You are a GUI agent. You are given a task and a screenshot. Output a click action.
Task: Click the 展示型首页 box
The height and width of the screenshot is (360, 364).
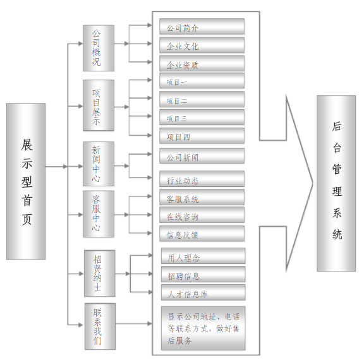click(x=26, y=181)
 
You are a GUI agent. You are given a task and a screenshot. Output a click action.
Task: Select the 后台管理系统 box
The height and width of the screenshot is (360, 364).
click(x=336, y=183)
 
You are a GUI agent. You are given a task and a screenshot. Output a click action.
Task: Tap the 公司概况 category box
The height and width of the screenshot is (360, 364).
click(x=99, y=48)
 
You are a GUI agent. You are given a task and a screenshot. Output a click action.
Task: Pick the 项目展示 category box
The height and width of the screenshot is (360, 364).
click(x=99, y=105)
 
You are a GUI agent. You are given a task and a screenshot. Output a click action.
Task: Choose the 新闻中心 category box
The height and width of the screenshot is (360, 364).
click(x=99, y=164)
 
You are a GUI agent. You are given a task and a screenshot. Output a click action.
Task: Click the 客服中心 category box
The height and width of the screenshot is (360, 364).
click(x=99, y=214)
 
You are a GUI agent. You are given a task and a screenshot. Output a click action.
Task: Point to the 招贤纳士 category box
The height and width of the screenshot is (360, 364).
click(x=100, y=273)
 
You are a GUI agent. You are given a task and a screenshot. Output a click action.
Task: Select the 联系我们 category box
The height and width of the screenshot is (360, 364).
click(x=100, y=326)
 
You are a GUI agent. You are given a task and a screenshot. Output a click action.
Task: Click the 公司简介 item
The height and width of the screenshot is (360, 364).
click(x=202, y=27)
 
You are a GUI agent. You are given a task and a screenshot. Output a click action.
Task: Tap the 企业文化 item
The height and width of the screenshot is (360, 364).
click(x=202, y=45)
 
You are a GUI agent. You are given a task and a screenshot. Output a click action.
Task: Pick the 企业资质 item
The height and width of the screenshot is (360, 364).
click(x=202, y=63)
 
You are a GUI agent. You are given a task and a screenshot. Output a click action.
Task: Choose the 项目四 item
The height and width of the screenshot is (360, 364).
click(x=202, y=136)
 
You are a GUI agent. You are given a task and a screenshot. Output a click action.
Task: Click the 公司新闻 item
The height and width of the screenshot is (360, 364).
click(x=202, y=156)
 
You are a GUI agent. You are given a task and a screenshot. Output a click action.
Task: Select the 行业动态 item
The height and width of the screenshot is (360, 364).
click(x=202, y=179)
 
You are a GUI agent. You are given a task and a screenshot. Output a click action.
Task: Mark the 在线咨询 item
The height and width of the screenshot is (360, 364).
click(x=202, y=215)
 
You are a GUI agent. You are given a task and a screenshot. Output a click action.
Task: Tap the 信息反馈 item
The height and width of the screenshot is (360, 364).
click(x=202, y=234)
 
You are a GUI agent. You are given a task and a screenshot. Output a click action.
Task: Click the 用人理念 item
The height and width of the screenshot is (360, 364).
click(x=203, y=256)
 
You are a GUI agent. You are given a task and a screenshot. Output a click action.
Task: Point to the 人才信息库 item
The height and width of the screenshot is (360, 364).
click(x=203, y=292)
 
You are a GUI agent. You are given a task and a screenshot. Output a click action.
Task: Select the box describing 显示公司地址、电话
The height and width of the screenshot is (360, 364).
click(x=203, y=328)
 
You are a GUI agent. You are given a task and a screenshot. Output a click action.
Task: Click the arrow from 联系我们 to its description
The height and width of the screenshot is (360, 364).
click(x=134, y=323)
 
